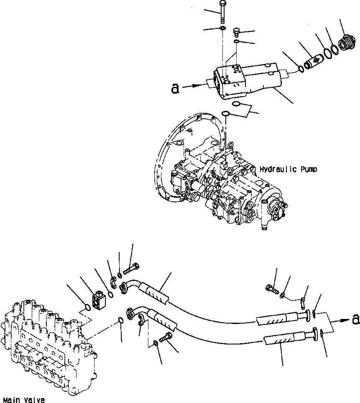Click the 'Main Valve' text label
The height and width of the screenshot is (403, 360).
[23, 400]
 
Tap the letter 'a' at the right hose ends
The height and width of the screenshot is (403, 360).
[355, 319]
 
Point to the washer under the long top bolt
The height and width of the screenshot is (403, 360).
[223, 29]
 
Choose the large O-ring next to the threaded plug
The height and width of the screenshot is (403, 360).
[333, 51]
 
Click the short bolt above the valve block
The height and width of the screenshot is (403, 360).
[237, 31]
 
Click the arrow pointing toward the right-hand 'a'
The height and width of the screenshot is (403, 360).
[343, 320]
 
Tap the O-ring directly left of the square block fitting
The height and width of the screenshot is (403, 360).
[87, 308]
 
